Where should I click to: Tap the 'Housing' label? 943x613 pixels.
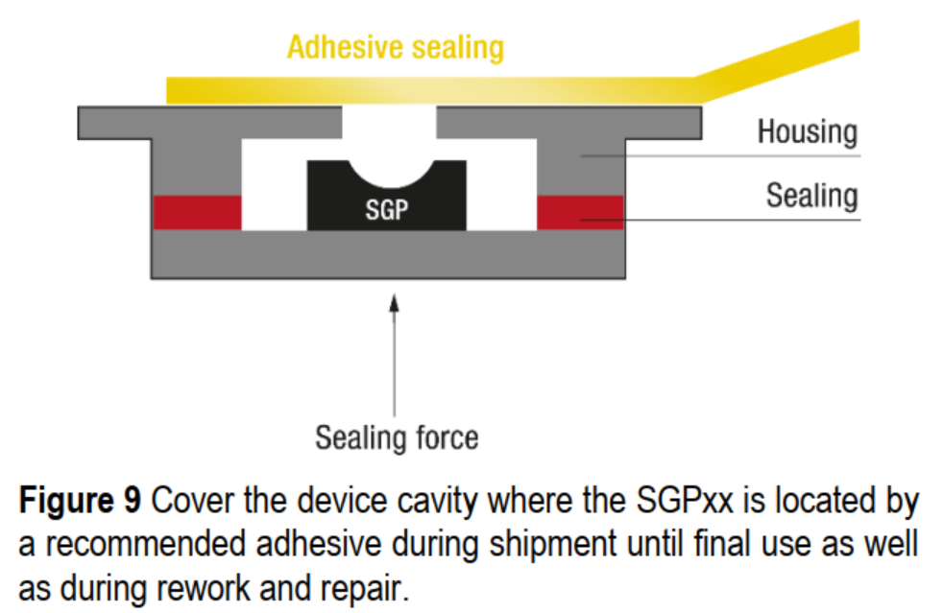pos(806,132)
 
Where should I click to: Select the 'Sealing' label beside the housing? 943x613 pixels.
pos(810,196)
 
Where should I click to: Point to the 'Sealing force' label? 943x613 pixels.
pos(396,437)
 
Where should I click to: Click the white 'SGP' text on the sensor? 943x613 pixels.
pos(386,210)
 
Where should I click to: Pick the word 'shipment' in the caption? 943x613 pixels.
pos(555,544)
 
